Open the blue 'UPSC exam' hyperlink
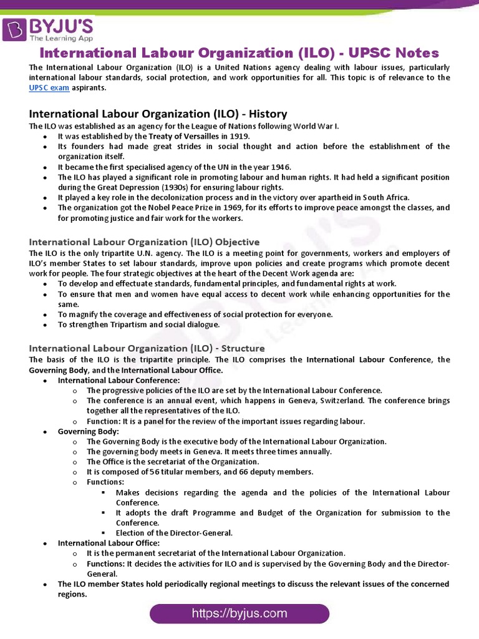(49, 88)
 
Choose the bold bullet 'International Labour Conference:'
(119, 380)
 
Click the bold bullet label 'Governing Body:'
(88, 431)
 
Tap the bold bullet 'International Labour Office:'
(109, 543)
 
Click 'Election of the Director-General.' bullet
(174, 533)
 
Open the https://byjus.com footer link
(239, 613)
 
